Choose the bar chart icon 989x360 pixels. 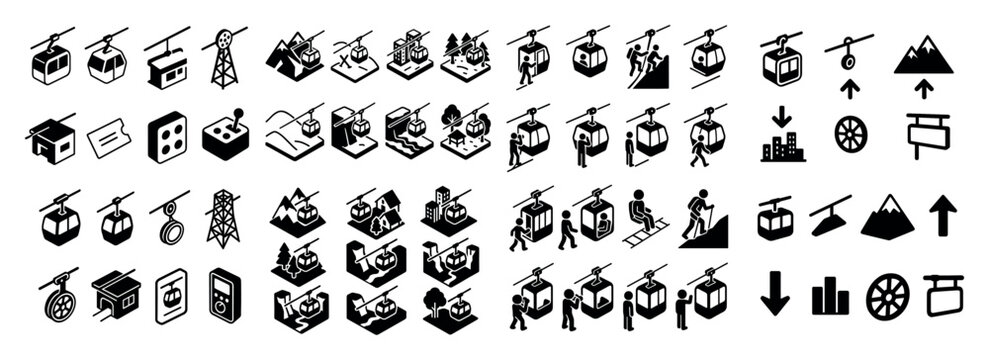830,298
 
